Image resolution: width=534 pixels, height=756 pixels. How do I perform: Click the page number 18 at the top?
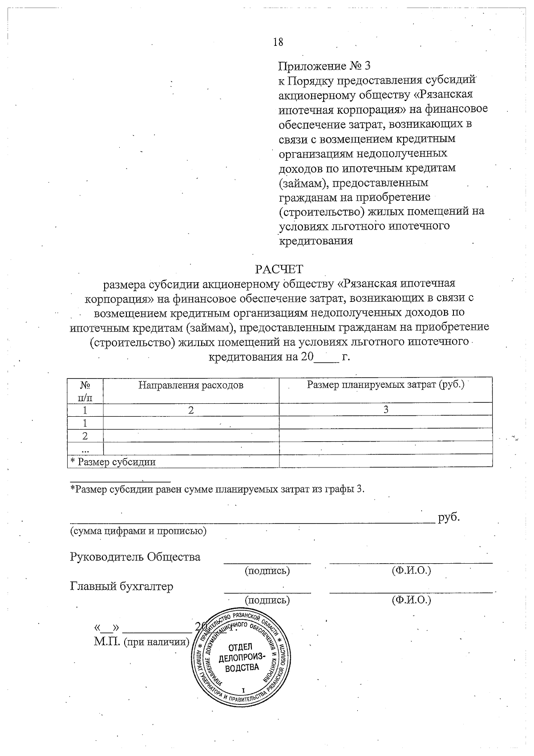point(278,42)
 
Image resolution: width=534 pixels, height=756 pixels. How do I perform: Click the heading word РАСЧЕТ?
point(279,269)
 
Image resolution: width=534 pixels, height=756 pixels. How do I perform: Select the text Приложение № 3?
point(324,66)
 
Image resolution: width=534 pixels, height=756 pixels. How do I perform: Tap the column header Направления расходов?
point(191,385)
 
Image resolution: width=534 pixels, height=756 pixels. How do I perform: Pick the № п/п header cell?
point(85,390)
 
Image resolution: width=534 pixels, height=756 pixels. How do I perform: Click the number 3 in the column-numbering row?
point(386,410)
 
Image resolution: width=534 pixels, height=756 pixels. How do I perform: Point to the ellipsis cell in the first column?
point(85,448)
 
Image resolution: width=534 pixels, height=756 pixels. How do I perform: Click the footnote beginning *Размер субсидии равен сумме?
point(218,489)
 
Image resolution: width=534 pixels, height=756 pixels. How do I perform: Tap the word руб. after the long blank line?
point(449,517)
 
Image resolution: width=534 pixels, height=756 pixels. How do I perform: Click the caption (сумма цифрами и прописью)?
point(138,531)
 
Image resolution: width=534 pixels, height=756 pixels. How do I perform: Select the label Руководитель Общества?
point(135,557)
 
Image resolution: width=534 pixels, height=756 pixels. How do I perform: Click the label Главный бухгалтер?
point(121,586)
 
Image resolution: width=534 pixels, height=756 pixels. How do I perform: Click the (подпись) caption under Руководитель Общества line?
point(267,570)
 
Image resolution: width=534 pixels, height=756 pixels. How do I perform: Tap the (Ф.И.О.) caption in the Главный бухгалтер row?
point(411,600)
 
